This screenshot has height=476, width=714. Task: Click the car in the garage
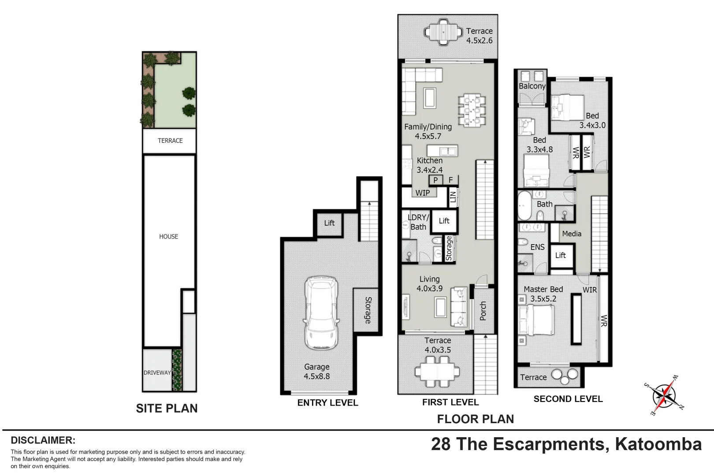coord(320,313)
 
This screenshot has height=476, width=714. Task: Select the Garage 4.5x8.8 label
coord(316,372)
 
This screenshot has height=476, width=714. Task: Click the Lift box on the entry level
coord(329,223)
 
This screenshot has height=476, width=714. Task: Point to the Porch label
coord(483,311)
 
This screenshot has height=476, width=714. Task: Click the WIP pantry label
coord(422,193)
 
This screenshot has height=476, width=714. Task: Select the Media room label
coord(572,234)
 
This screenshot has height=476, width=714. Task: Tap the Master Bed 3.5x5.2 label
coord(543,294)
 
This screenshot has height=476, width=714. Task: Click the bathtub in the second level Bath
coord(524,205)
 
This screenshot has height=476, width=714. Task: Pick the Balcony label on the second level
coord(532,86)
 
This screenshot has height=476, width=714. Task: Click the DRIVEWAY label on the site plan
coord(157,373)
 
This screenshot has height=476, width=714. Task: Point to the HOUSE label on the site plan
coord(169,236)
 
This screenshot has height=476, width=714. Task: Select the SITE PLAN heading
coord(167,409)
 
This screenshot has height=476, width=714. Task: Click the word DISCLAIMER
coord(43,440)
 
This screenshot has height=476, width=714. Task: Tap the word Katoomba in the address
coord(658,444)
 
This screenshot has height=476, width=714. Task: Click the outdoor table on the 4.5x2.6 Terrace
coord(443,32)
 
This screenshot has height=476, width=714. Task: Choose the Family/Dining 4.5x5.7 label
coord(428,131)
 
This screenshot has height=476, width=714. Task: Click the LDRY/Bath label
coord(419,222)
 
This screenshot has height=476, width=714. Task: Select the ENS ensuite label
coord(537,247)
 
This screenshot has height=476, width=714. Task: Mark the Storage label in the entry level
coord(368,310)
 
